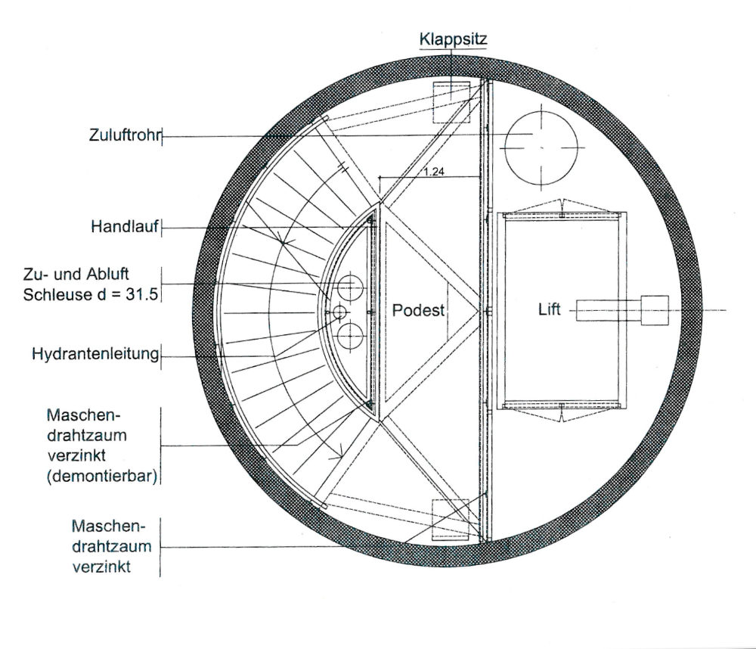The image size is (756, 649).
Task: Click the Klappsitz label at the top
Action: (453, 38)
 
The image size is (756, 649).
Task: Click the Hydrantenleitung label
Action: (95, 353)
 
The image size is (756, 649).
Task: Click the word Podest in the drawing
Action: (418, 310)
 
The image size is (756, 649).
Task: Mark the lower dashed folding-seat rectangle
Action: (452, 520)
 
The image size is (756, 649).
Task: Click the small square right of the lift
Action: (654, 309)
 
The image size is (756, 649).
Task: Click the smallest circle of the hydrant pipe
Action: (338, 312)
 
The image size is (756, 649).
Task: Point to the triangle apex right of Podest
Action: (479, 310)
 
